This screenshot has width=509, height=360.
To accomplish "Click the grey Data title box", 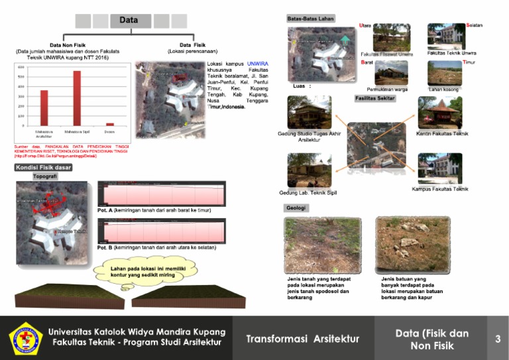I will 129,21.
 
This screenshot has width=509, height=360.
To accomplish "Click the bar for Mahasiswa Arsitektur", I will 44,107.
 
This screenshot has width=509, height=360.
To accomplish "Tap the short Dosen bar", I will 110,124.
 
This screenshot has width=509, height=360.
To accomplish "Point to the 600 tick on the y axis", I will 21,68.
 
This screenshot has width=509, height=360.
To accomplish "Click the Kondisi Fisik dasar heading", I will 43,167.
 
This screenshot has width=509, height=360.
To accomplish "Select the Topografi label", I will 44,177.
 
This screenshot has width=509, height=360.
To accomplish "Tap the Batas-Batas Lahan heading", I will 310,18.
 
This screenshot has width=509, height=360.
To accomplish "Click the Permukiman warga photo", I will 391,72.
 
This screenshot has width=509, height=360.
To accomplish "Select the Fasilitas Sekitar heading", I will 374,98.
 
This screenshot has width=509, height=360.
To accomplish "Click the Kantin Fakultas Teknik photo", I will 439,113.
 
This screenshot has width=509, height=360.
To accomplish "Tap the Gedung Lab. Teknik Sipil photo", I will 309,171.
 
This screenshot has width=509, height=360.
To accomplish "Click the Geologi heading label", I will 296,208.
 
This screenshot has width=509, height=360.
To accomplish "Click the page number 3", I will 498,339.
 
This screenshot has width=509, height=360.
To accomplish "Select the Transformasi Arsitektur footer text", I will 302,339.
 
